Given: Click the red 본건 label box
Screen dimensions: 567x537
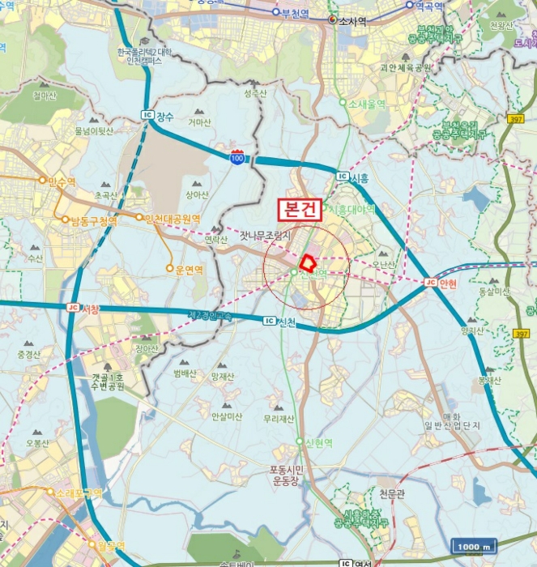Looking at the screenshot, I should (302, 208).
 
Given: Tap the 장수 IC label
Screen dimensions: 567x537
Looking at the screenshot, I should (160, 115).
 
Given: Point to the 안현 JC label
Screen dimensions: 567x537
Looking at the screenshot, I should (441, 282).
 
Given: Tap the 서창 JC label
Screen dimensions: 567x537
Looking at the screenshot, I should (83, 309).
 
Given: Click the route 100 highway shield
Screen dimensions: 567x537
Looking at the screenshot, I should (237, 158).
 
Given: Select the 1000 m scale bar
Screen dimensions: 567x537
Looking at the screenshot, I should (474, 548).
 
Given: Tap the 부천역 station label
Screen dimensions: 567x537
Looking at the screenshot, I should (292, 12).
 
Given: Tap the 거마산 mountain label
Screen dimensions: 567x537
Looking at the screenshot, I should (199, 122).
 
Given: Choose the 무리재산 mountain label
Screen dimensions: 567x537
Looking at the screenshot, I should (278, 419).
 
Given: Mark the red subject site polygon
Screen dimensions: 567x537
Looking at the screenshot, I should (308, 262).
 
